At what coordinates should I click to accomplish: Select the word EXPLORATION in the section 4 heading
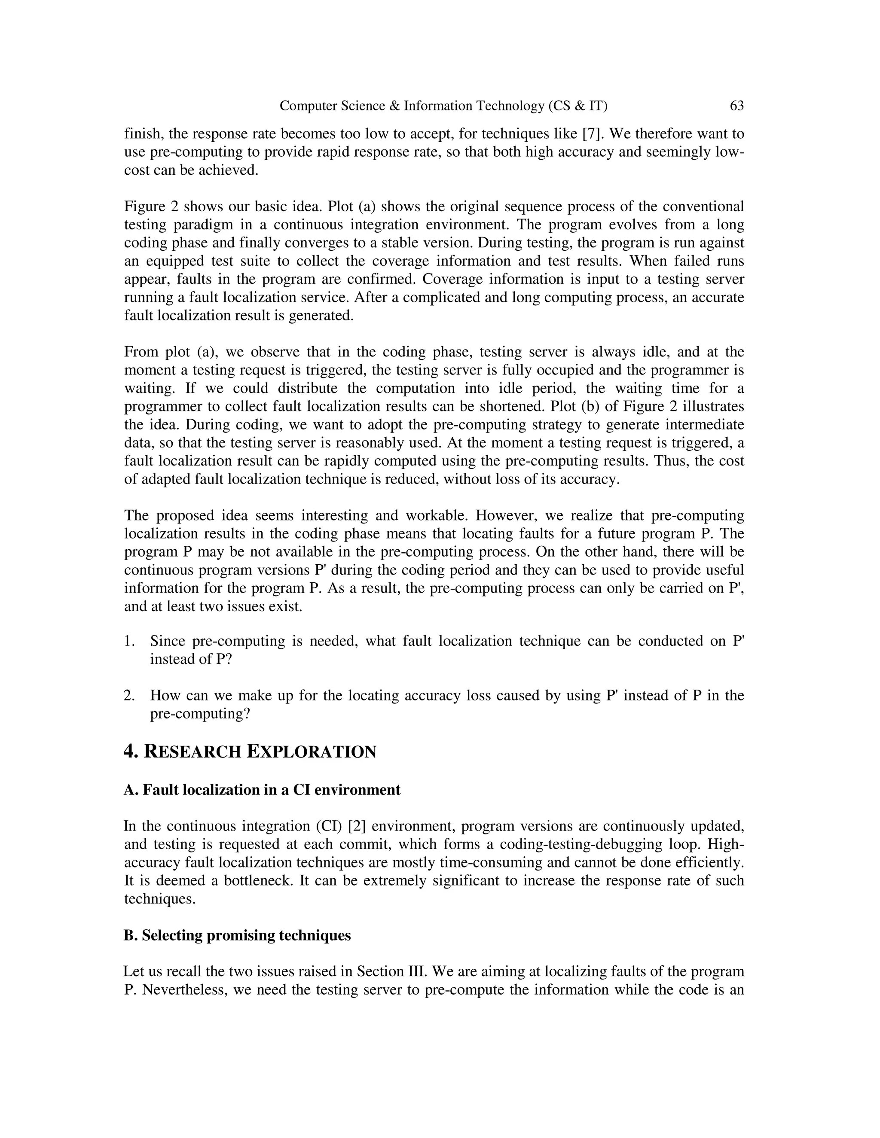[x=311, y=752]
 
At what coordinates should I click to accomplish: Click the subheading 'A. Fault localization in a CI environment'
[x=262, y=790]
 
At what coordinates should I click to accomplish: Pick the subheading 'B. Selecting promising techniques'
[x=237, y=935]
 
